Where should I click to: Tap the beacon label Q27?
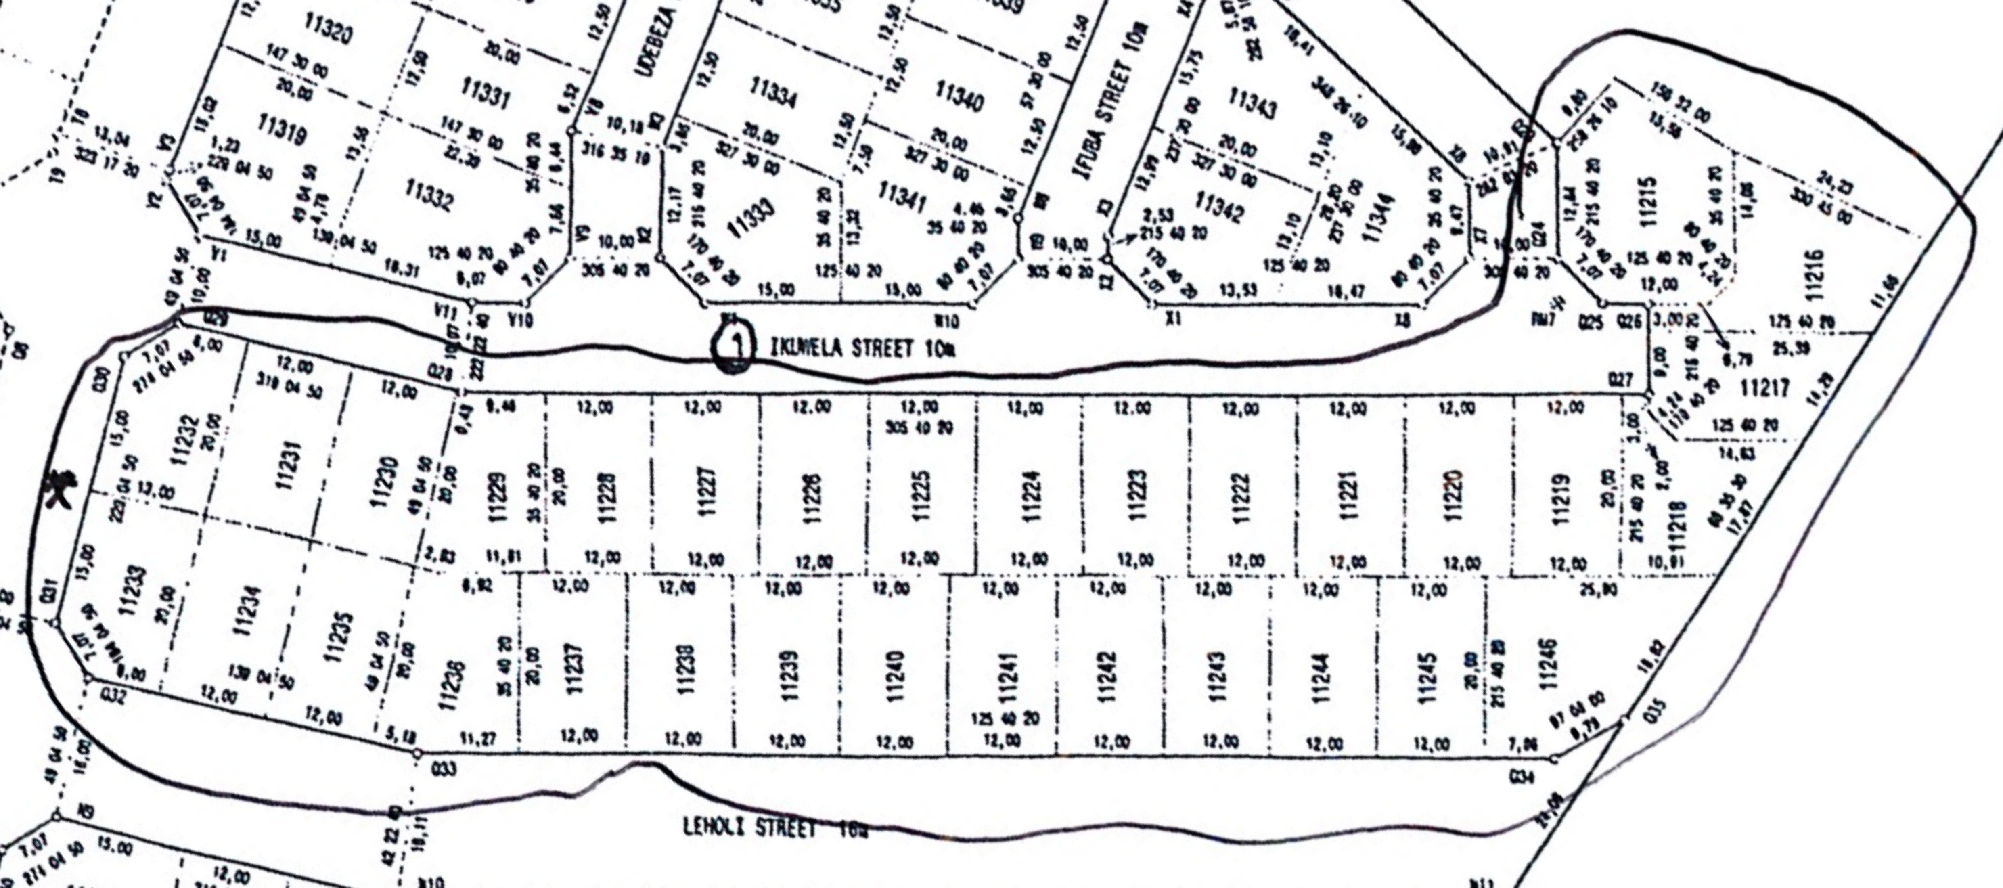[x=1621, y=379]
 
